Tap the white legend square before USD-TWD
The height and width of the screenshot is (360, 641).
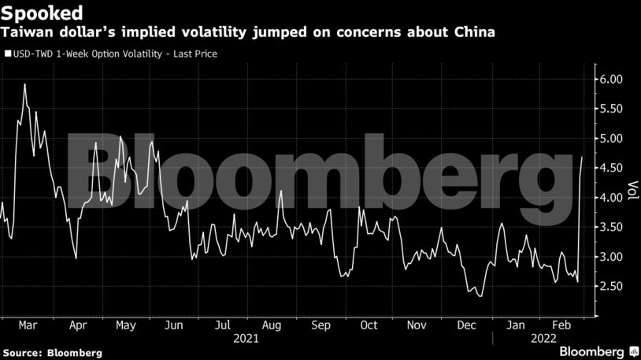tap(7, 54)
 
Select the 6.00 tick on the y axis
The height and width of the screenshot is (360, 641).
tap(610, 80)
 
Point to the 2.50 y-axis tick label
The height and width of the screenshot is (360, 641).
tap(610, 287)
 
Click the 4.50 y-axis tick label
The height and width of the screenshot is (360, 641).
tap(610, 168)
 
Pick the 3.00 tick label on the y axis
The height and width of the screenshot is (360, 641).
tap(610, 257)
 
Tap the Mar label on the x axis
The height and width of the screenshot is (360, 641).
tap(27, 325)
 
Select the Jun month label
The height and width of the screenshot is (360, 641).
tap(174, 325)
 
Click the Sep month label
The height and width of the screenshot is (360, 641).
tap(320, 325)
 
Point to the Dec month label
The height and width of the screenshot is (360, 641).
tap(465, 325)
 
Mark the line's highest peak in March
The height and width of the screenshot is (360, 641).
tap(25, 84)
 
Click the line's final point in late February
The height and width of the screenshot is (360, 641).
tap(582, 158)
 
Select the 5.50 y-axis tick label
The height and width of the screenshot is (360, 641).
tap(610, 109)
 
